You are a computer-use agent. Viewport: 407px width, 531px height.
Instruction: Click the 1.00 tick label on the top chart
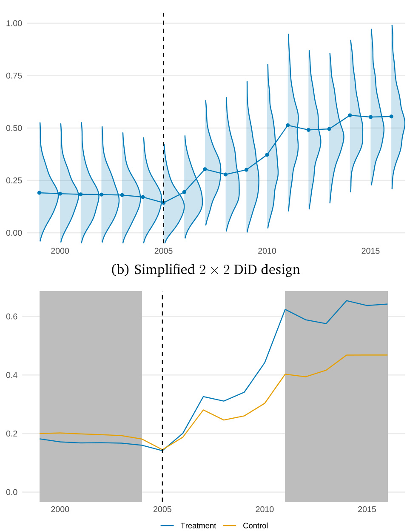[x=14, y=23]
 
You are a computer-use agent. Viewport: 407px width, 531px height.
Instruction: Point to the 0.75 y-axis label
[x=14, y=76]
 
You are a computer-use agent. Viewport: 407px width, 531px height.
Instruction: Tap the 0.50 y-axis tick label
[x=14, y=128]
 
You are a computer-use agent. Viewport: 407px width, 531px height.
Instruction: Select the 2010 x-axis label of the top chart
[x=267, y=251]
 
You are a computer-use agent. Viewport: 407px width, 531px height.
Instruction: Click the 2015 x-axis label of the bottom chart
[x=367, y=509]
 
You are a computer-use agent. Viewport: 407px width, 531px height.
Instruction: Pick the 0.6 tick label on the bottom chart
[x=12, y=317]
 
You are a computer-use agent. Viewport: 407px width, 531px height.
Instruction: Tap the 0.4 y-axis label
[x=12, y=375]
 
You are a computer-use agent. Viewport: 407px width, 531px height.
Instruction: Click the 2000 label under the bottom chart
[x=60, y=509]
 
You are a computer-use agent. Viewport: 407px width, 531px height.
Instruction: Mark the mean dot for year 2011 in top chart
[x=288, y=126]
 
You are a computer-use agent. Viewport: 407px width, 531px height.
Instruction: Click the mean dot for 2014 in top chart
[x=350, y=115]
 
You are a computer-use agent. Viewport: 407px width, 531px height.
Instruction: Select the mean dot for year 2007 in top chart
[x=205, y=169]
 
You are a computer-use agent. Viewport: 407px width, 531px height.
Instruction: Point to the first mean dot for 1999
[x=40, y=193]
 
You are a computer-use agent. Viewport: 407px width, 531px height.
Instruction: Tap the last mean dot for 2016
[x=391, y=117]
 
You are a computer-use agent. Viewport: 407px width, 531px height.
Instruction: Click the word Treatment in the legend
[x=198, y=526]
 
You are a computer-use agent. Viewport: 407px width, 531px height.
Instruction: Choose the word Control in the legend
[x=255, y=526]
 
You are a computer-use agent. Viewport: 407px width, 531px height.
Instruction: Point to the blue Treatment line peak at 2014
[x=347, y=301]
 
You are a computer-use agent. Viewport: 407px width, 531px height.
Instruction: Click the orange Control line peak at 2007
[x=203, y=410]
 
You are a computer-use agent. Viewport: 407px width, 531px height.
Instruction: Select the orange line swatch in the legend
[x=230, y=526]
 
